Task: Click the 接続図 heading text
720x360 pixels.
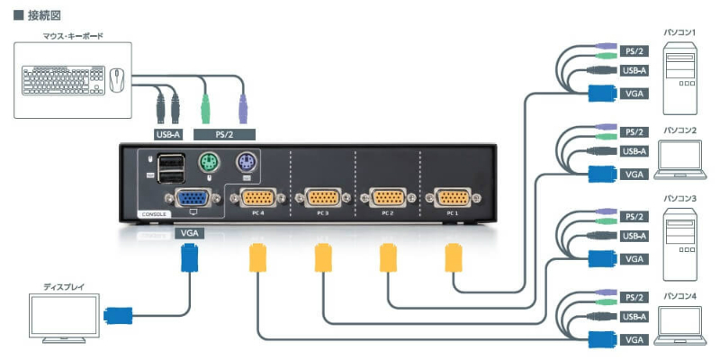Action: pyautogui.click(x=37, y=13)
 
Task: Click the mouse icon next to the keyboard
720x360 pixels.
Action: pyautogui.click(x=117, y=80)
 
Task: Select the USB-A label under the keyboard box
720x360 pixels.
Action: pyautogui.click(x=168, y=135)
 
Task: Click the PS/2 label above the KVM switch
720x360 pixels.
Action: pyautogui.click(x=225, y=135)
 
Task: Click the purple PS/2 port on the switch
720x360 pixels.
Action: pyautogui.click(x=247, y=165)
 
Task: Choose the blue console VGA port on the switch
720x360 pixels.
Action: pyautogui.click(x=190, y=198)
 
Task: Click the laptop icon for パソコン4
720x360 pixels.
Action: pyautogui.click(x=679, y=324)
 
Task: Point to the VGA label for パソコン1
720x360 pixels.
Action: pyautogui.click(x=634, y=92)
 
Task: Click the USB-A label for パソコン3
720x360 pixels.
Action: pyautogui.click(x=634, y=237)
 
